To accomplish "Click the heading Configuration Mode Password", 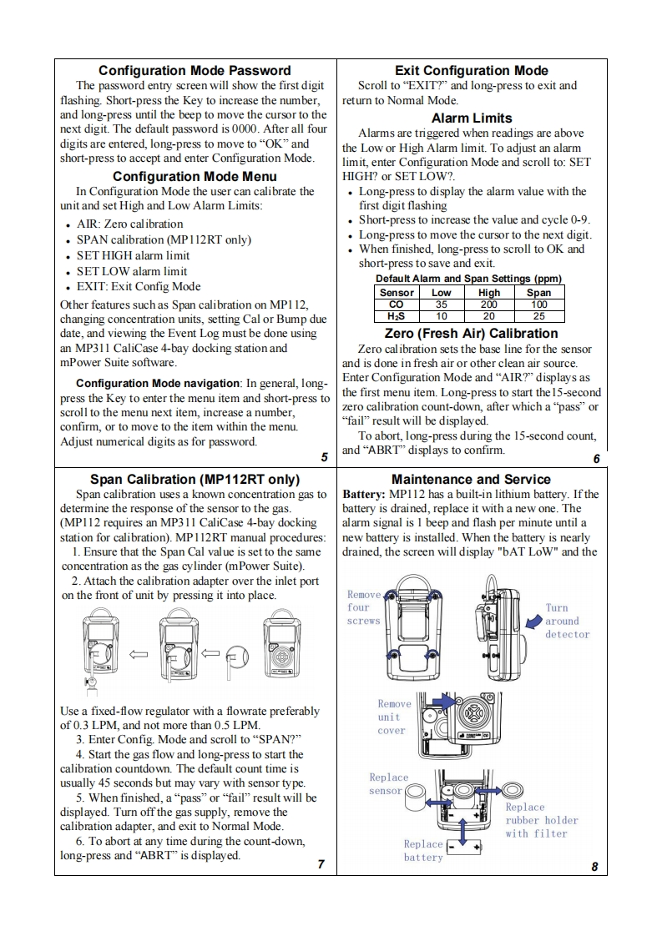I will coord(195,70).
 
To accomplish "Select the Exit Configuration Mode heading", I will coord(471,70).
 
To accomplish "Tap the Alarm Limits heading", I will coord(472,118).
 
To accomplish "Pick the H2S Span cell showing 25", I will coord(538,316).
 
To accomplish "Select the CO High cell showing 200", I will coord(488,304).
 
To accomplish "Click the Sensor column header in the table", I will coord(397,293).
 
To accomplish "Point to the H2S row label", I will coord(397,316).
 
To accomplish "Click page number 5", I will coord(324,456).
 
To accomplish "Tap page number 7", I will coord(321,863).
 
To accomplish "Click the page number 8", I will coord(594,866).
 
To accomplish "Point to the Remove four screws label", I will coord(364,607).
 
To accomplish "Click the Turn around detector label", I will coord(567,621).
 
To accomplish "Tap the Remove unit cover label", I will coord(391,717).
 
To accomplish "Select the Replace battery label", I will coord(423,850).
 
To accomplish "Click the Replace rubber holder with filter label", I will coord(541,820).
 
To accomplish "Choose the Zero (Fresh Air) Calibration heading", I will coord(471,334).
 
